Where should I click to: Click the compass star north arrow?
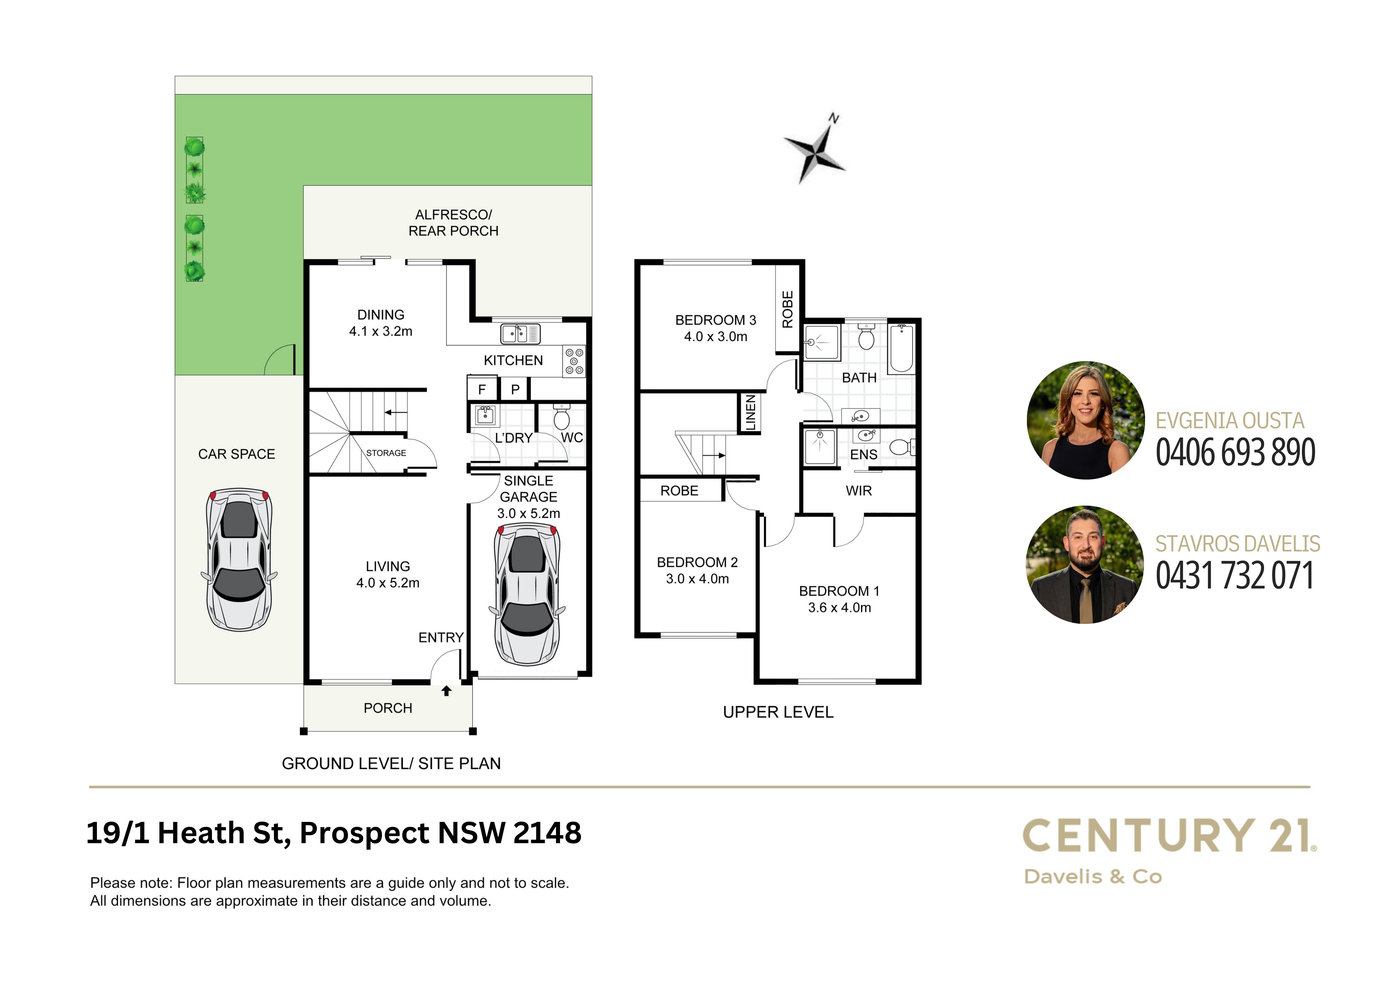(814, 149)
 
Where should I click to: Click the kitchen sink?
(520, 333)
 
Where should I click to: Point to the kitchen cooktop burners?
(574, 361)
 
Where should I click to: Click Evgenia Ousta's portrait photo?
(1085, 420)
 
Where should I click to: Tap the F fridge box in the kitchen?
(482, 389)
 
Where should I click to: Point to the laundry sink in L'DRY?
(485, 416)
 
